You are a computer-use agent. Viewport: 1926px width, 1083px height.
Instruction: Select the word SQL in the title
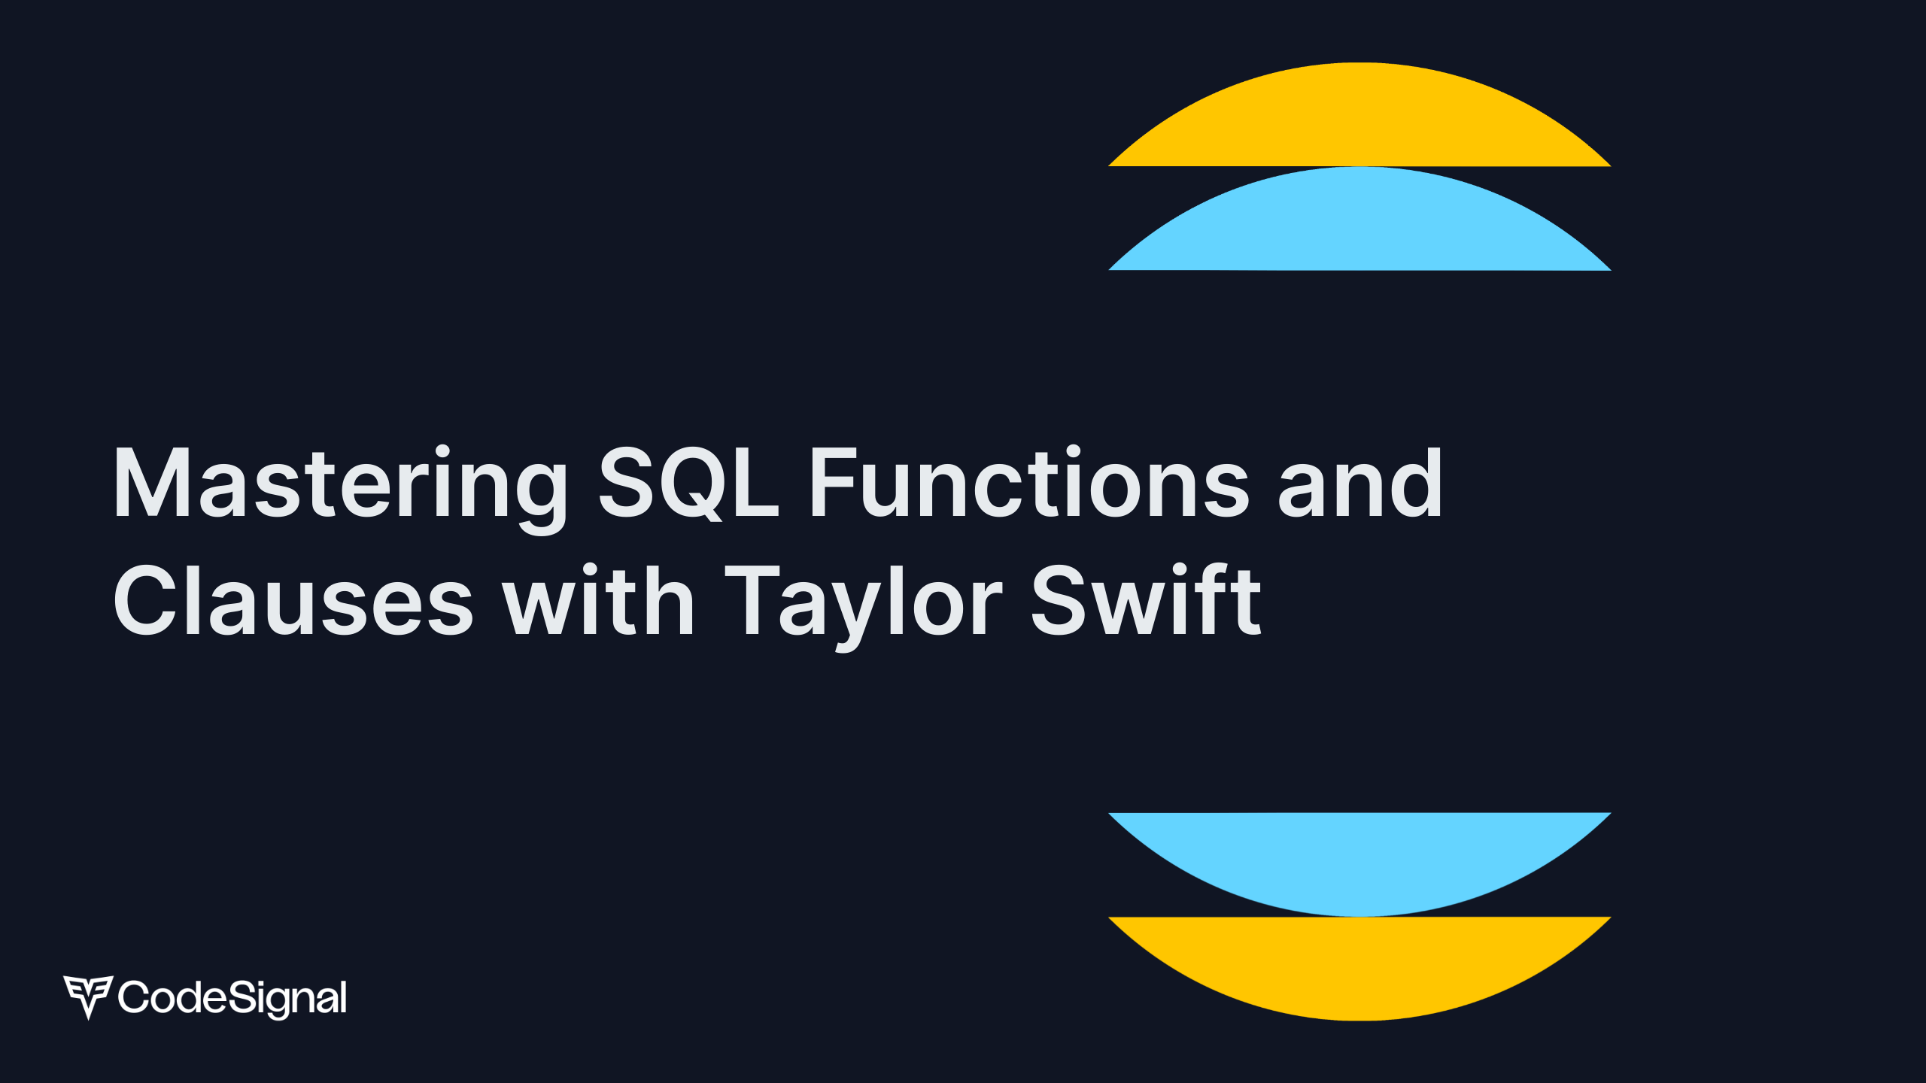pos(688,484)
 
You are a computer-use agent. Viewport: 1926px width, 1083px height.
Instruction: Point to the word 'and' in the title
pos(1360,484)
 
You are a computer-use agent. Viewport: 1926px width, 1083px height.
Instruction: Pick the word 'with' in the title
pos(599,600)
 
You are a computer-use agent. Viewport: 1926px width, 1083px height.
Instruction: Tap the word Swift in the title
pos(1145,600)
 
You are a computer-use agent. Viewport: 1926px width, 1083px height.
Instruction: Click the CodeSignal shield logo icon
pos(88,996)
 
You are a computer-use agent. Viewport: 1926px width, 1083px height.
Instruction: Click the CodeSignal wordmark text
pos(232,997)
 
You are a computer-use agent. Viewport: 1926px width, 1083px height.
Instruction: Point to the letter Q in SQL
pos(687,484)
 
